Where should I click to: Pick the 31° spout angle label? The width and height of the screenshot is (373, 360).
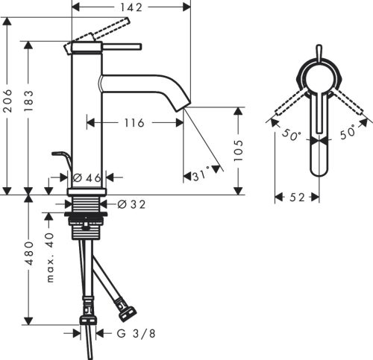pyautogui.click(x=199, y=177)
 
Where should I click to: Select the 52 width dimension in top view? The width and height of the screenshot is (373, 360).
pyautogui.click(x=296, y=198)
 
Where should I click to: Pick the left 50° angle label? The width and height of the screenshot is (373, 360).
pyautogui.click(x=290, y=136)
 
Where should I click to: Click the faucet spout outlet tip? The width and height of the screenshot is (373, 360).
pyautogui.click(x=180, y=106)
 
